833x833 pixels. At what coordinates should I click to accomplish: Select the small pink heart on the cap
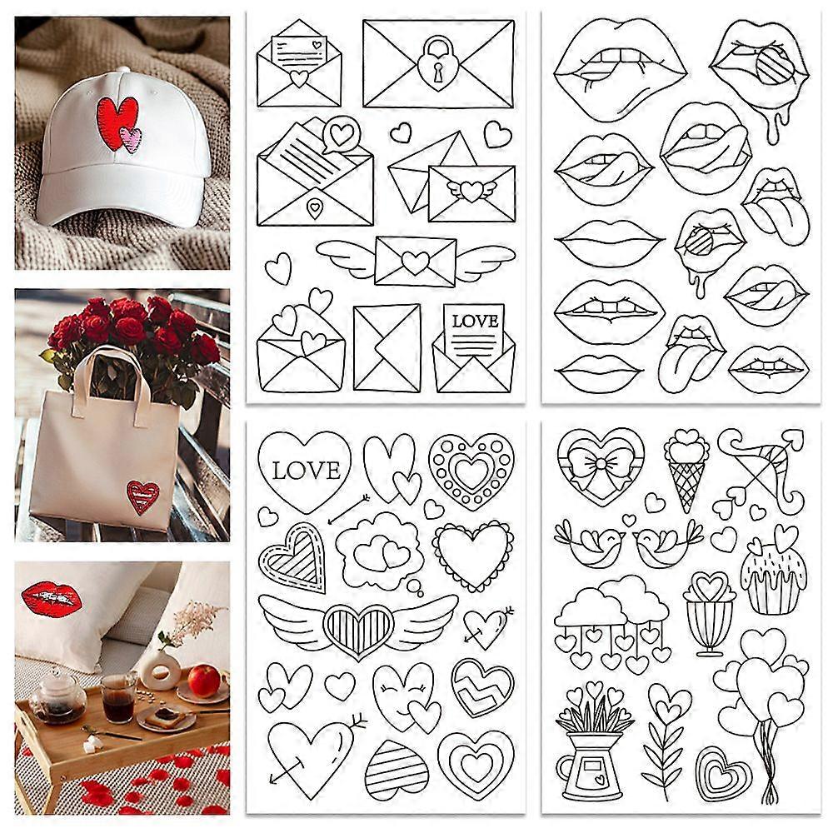(x=131, y=140)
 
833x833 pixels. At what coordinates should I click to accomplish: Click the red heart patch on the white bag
(x=143, y=496)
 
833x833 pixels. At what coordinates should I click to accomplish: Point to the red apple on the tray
(x=204, y=681)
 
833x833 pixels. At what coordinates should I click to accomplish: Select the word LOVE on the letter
(x=475, y=322)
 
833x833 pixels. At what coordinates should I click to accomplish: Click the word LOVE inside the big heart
(x=306, y=471)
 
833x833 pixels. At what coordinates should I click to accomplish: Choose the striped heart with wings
(x=358, y=625)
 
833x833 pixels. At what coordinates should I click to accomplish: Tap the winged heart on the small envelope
(x=471, y=190)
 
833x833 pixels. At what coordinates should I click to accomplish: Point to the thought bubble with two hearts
(x=381, y=552)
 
